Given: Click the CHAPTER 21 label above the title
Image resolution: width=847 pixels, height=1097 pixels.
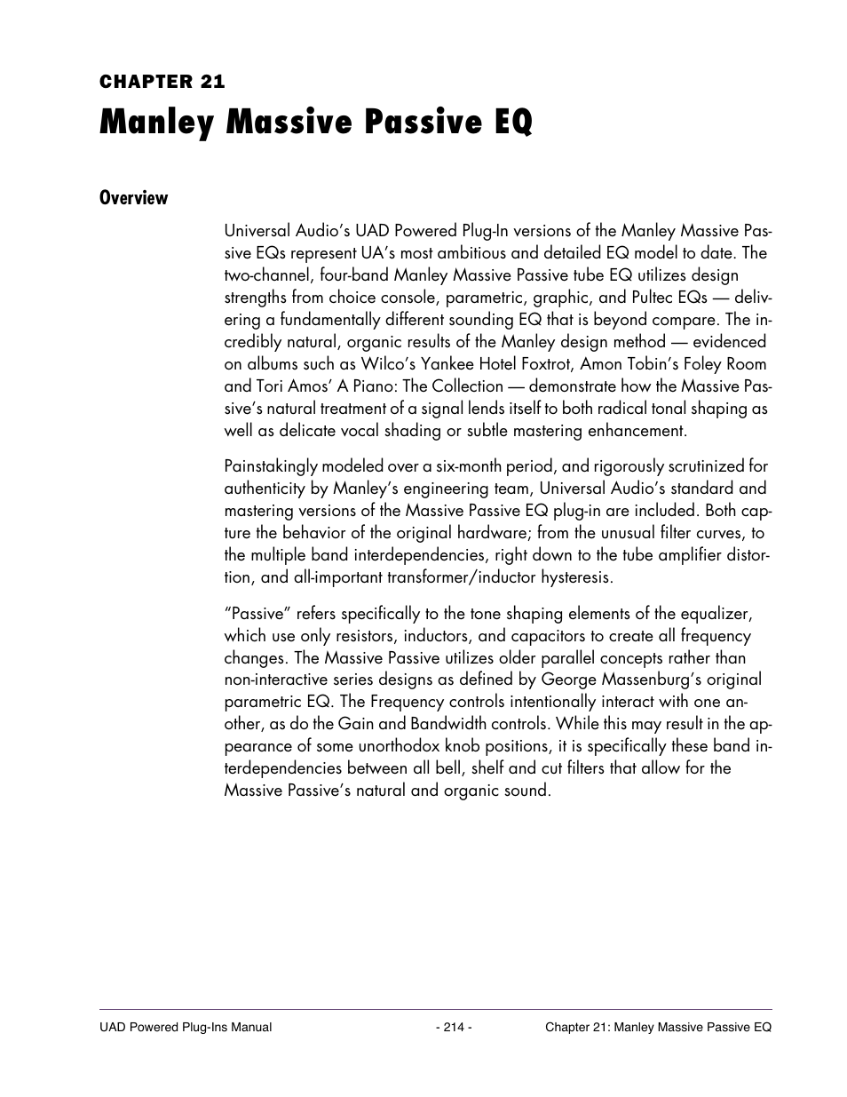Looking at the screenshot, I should [162, 82].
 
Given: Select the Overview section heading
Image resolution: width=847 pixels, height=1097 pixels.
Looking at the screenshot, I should [133, 198].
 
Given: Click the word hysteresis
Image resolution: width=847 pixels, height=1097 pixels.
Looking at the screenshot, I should [567, 577].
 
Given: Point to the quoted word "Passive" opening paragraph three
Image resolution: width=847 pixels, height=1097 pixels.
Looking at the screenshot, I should [257, 614].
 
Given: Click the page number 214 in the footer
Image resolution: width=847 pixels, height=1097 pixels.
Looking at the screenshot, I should [453, 1028].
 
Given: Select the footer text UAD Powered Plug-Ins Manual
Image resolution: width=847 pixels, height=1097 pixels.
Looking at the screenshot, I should [186, 1028].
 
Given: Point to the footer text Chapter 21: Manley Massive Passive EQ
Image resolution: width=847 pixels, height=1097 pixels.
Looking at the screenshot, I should [658, 1028].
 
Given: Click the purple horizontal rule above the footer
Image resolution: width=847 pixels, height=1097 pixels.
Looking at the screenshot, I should [435, 1009].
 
